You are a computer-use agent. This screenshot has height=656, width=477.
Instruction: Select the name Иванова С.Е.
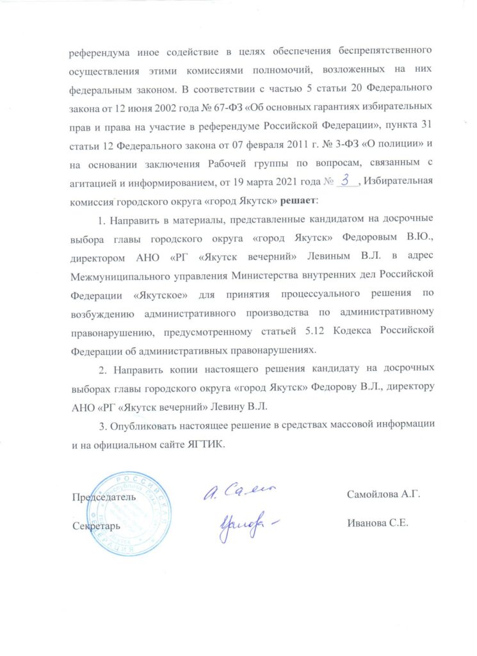pyautogui.click(x=377, y=522)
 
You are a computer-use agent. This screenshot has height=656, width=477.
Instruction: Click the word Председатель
pyautogui.click(x=104, y=496)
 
